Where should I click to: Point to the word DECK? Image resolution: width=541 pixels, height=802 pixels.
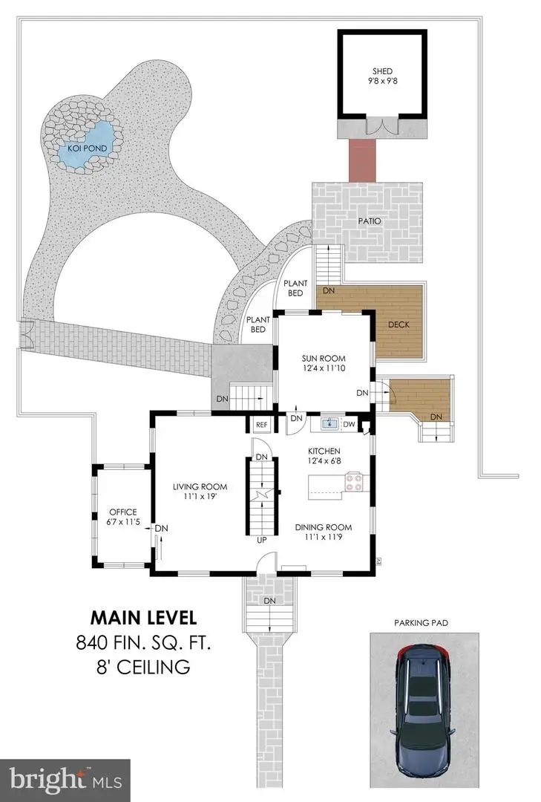tap(399, 325)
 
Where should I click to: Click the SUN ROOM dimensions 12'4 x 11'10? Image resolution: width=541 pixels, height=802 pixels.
tap(323, 368)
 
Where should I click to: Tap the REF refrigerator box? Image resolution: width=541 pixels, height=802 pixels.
tap(261, 425)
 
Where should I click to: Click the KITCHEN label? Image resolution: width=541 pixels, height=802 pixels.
tap(324, 451)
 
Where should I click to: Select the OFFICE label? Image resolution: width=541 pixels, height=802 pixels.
tap(122, 512)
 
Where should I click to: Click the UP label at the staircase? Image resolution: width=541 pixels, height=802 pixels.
tap(261, 540)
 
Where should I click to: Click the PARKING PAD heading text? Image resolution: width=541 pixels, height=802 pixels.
tap(422, 622)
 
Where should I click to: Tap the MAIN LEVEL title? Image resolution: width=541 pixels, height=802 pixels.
tap(143, 617)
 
